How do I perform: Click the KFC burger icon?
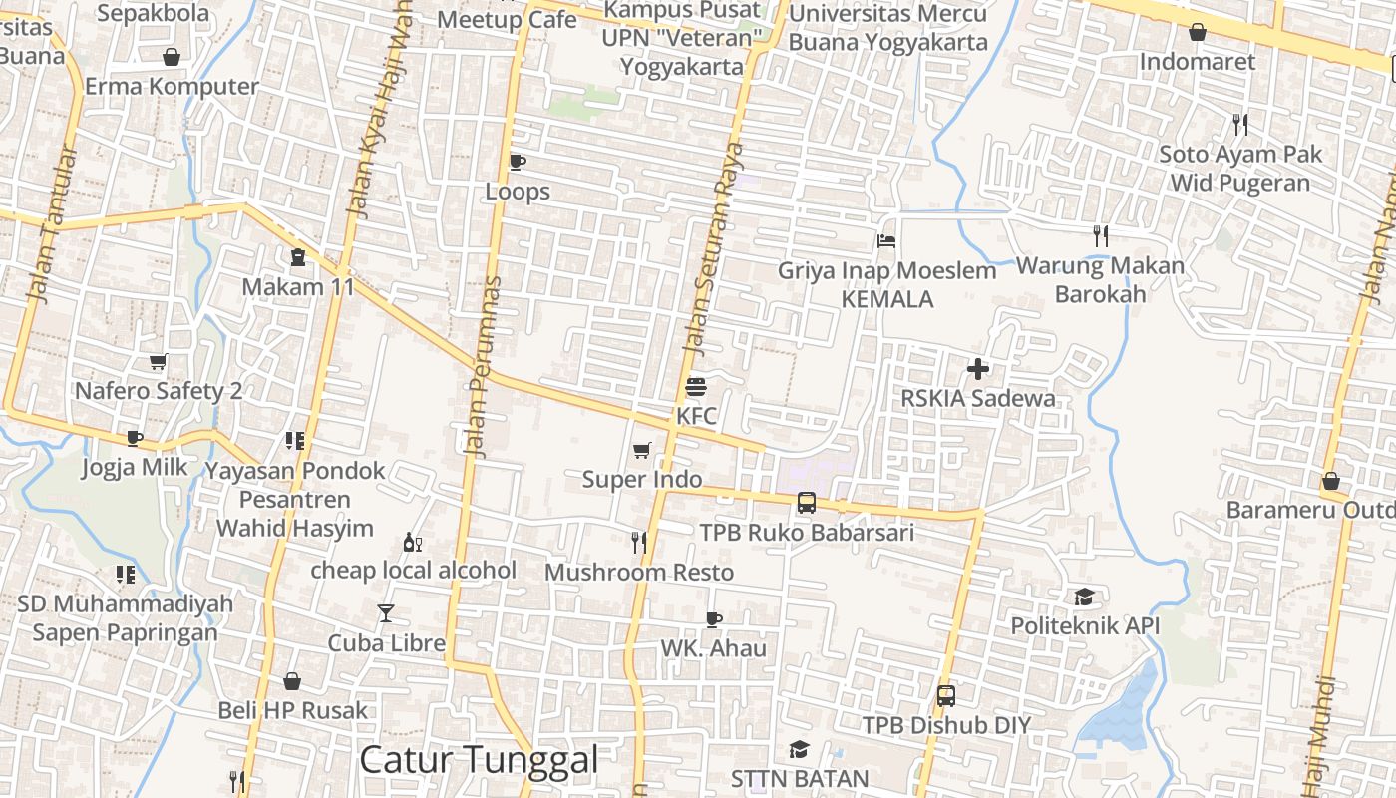coord(696,386)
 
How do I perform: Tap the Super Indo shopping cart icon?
coord(642,451)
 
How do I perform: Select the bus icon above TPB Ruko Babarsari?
coord(807,503)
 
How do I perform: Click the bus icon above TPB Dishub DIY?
coord(946,695)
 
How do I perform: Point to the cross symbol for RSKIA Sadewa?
coord(978,369)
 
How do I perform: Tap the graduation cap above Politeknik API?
coord(1084,598)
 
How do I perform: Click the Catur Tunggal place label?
coord(479,760)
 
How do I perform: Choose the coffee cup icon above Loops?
coord(517,162)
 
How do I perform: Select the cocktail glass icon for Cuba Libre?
coord(386,613)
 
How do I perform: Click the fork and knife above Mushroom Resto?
coord(639,542)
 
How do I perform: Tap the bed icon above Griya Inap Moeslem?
coord(886,241)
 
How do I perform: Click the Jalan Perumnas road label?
coord(484,367)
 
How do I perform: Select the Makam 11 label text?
coord(298,287)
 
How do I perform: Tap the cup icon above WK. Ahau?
coord(714,619)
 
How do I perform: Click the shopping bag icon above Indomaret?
coord(1198,32)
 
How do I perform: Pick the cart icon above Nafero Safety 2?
coord(158,361)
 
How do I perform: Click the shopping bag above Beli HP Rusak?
coord(292,681)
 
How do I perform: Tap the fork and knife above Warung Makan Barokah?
coord(1101,236)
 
